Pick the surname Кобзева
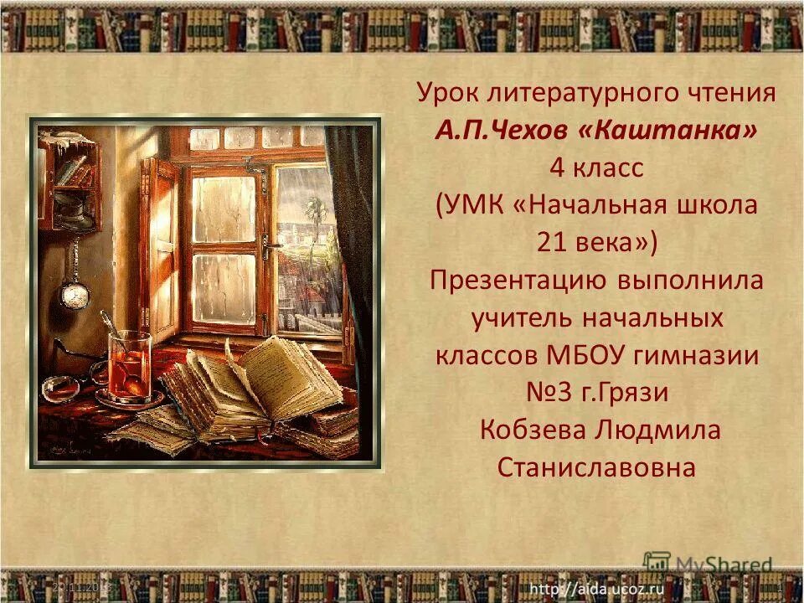(534, 430)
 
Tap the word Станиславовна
(596, 467)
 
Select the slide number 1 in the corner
(780, 590)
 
